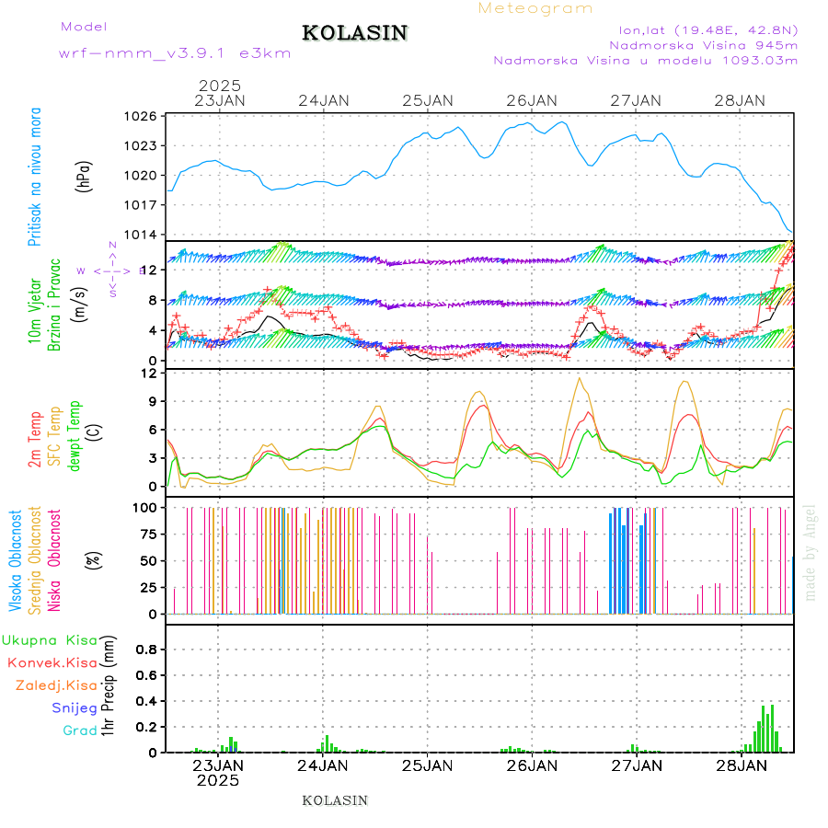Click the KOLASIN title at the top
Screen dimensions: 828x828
click(354, 33)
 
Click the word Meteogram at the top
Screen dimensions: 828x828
click(536, 8)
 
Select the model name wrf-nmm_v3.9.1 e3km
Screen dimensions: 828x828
click(175, 53)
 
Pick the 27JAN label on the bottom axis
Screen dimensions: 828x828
click(636, 765)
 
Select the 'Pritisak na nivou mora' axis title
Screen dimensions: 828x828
click(35, 177)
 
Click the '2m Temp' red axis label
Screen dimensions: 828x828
click(35, 440)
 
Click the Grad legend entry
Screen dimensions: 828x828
click(80, 730)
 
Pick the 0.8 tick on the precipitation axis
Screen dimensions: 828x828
click(145, 649)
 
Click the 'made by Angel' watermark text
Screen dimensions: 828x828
click(811, 552)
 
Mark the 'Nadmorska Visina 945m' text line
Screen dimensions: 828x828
click(703, 43)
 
